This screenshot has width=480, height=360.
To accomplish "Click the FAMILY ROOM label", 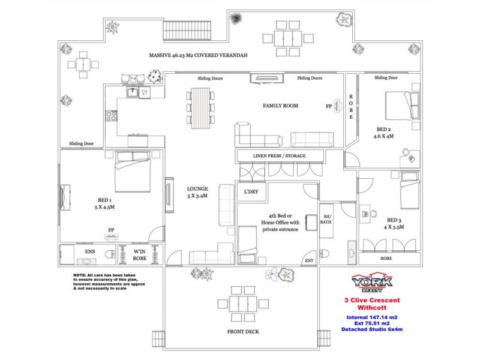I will tap(280, 106).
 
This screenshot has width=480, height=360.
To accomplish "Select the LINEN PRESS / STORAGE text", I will tap(280, 157).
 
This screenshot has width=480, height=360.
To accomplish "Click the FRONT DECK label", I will tap(242, 332).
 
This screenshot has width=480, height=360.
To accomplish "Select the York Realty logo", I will tap(373, 283).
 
